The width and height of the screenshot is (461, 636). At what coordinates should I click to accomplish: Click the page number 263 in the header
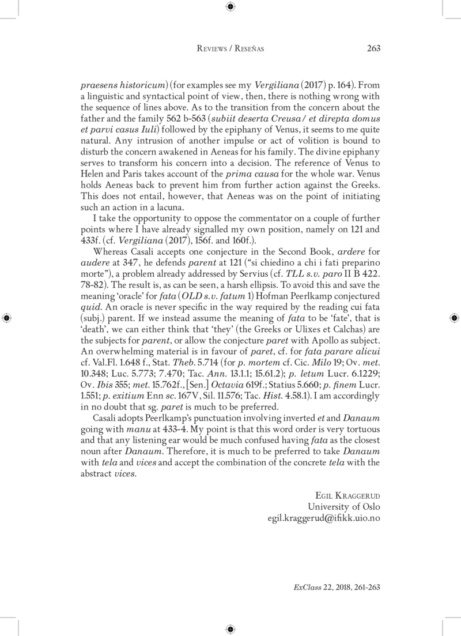pyautogui.click(x=373, y=49)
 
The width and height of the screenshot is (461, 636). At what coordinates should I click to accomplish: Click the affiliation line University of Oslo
pyautogui.click(x=344, y=506)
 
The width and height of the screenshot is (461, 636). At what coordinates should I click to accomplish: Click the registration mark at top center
pyautogui.click(x=231, y=7)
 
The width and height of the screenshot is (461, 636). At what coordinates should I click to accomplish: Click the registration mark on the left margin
pyautogui.click(x=6, y=318)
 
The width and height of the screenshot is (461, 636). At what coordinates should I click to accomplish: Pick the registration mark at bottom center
pyautogui.click(x=231, y=629)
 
